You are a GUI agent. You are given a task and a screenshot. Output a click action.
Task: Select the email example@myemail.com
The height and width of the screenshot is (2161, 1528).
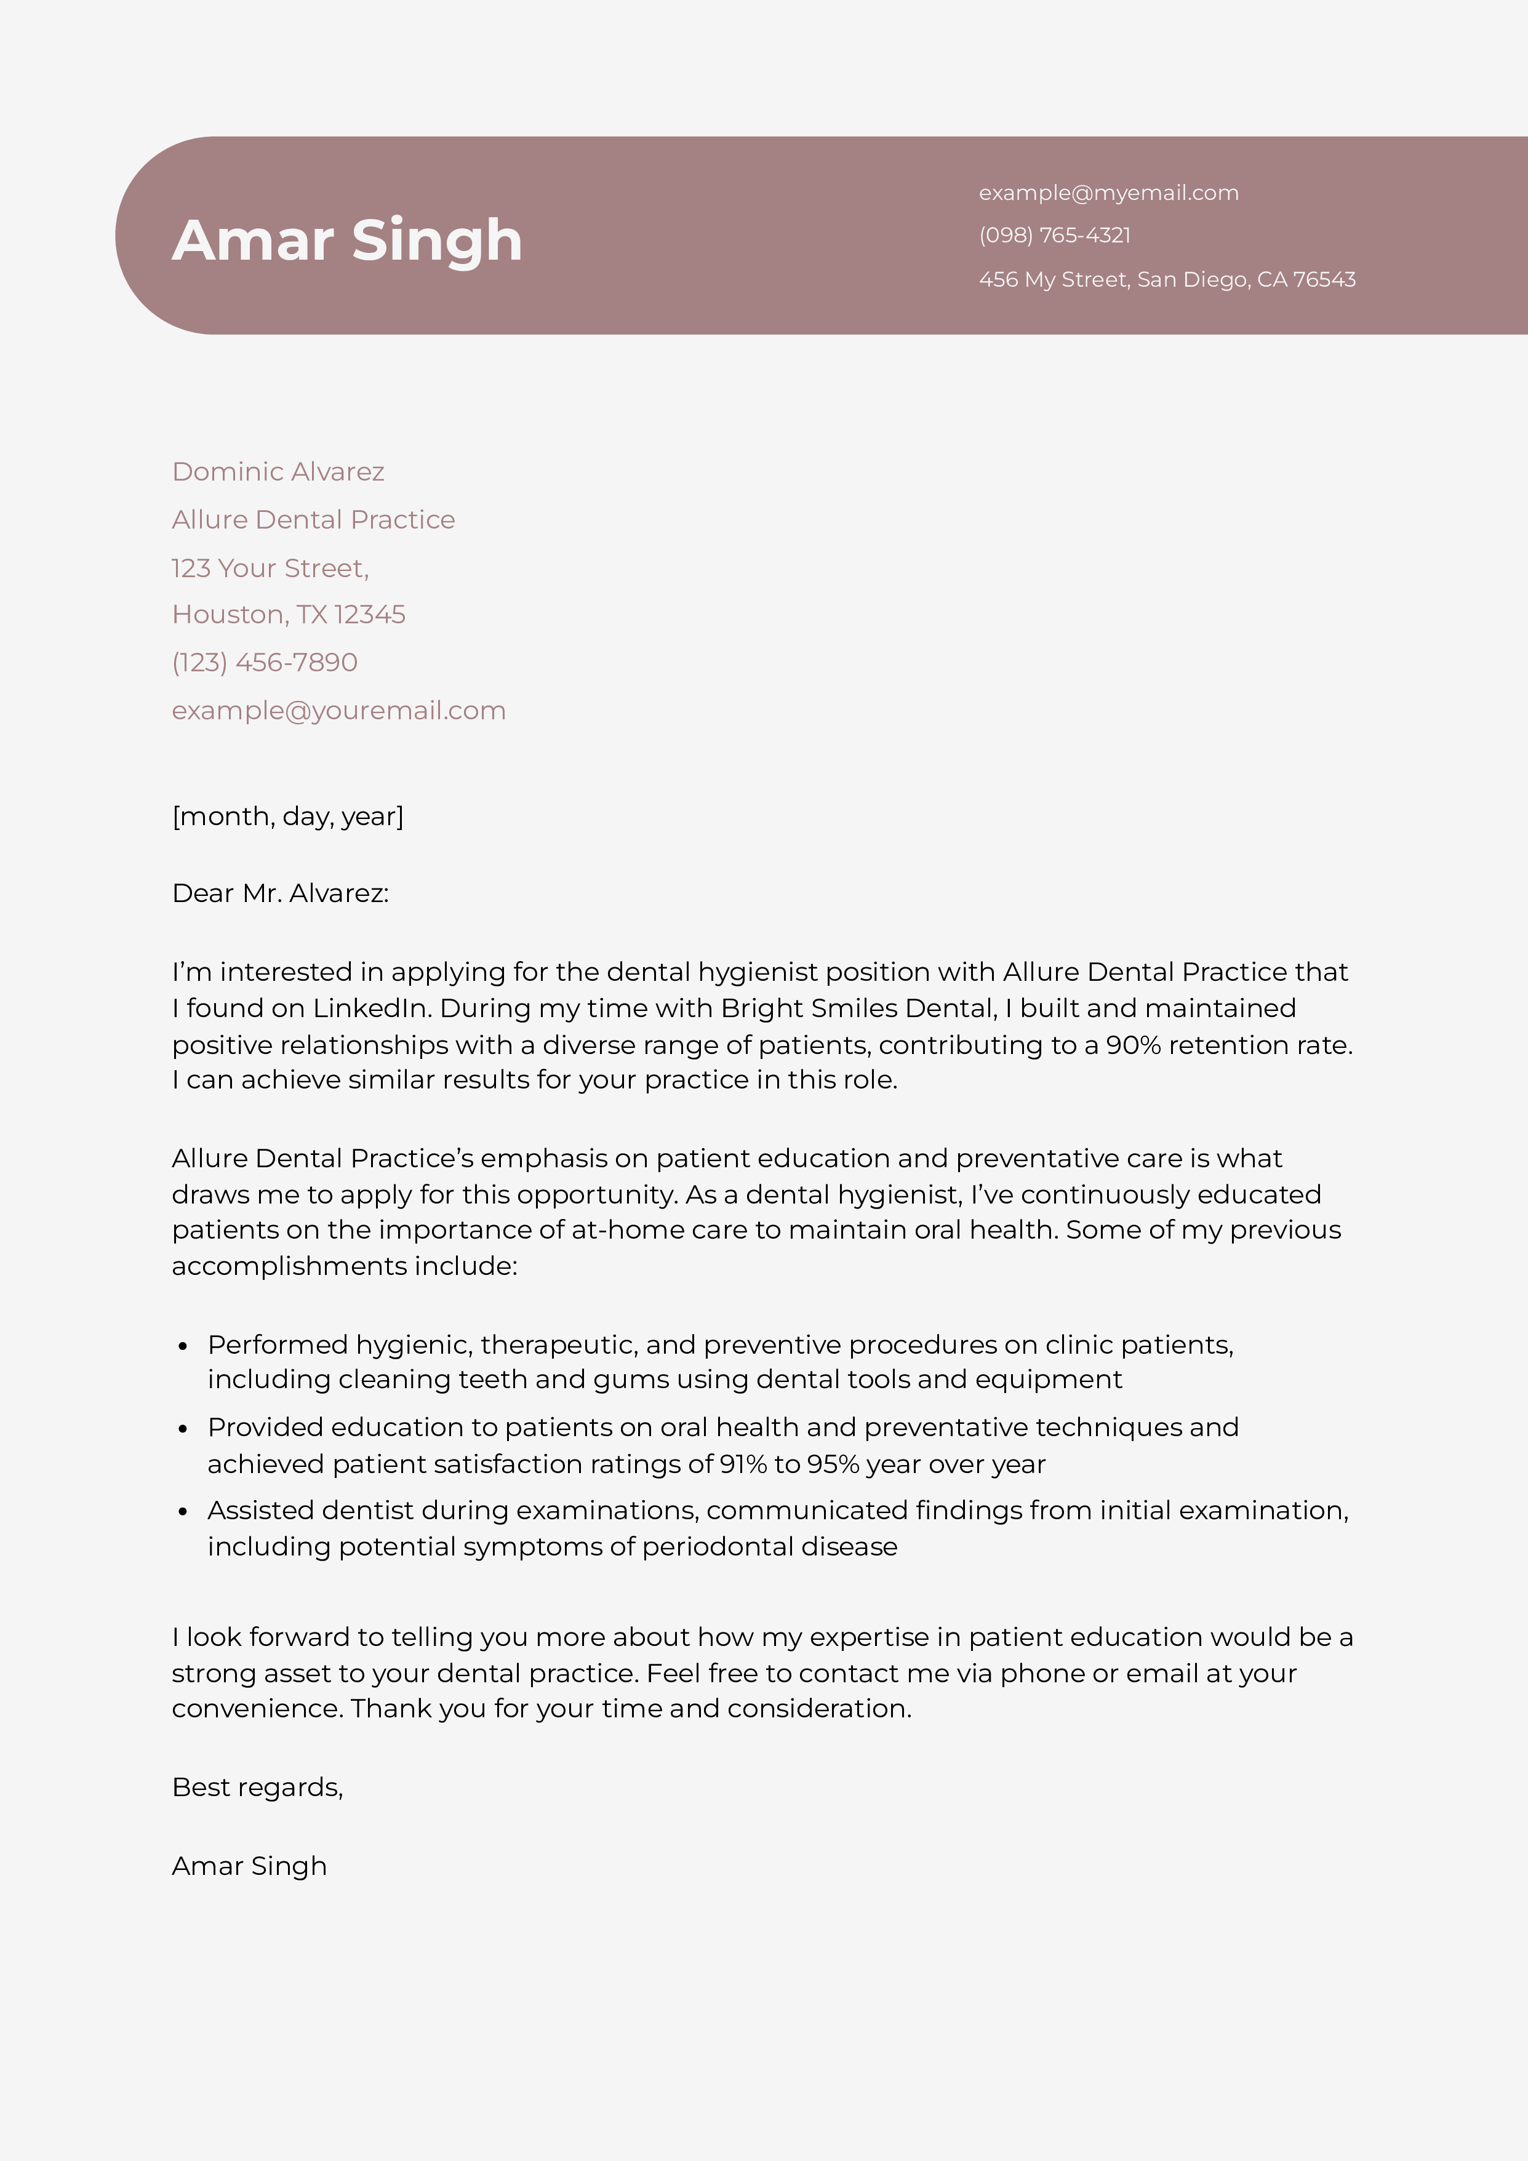1108,193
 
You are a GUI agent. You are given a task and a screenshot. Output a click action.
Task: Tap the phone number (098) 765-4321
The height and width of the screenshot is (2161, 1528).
1054,235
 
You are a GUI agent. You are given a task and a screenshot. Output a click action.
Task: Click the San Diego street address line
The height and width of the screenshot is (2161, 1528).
1167,279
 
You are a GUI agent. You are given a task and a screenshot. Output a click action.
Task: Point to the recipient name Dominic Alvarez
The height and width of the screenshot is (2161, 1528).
278,471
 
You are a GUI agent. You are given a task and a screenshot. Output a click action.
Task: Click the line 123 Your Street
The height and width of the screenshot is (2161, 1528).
270,569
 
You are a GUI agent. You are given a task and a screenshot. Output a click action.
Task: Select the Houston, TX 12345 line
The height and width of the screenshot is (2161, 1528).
288,615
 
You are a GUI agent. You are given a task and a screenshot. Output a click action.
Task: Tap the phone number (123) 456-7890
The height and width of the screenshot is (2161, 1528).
265,663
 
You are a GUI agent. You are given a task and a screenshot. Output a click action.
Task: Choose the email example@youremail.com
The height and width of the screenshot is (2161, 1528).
338,711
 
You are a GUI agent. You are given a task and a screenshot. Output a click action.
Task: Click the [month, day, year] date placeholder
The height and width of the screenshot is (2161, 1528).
287,816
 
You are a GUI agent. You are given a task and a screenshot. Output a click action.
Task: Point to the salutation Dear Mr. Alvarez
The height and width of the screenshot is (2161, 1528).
279,893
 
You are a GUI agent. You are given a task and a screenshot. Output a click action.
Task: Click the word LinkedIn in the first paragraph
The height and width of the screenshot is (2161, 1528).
369,1008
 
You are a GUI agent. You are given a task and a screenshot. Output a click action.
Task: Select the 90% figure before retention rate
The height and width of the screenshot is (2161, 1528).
1132,1045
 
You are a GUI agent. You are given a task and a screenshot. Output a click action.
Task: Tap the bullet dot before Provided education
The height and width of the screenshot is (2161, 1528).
183,1429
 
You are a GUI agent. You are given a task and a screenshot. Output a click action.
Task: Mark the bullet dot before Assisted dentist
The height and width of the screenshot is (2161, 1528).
183,1512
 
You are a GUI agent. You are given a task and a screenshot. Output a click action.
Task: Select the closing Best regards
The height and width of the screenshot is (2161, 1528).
257,1788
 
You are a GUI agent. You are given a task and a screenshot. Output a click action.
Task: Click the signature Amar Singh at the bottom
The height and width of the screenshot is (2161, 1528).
249,1866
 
